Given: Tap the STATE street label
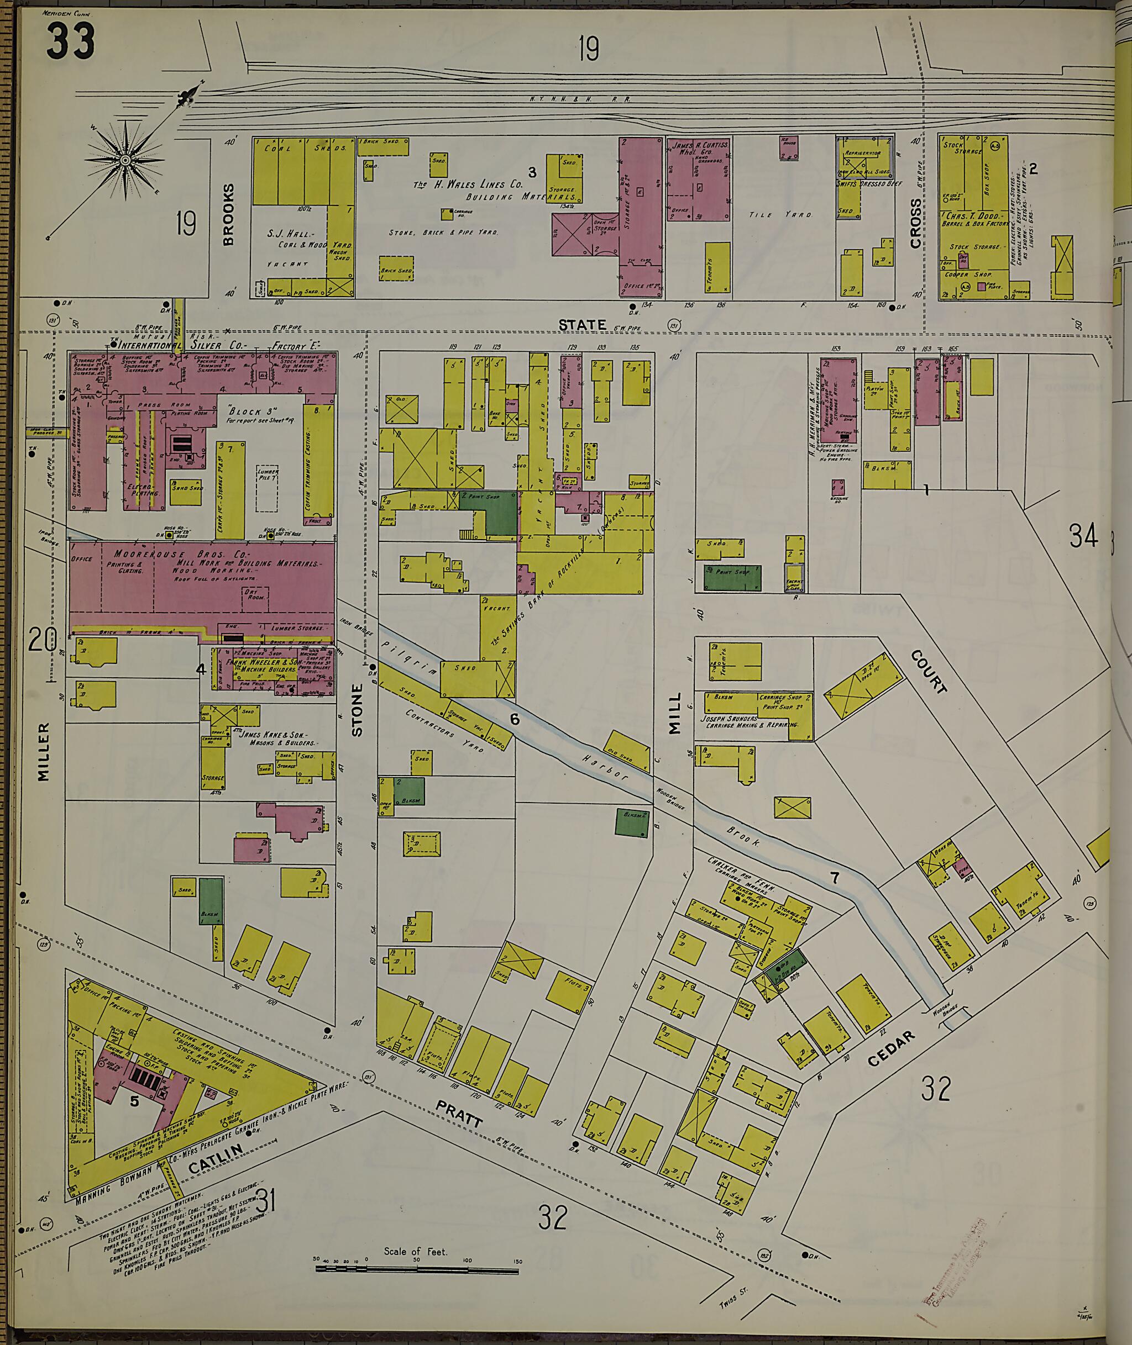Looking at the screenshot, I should [581, 325].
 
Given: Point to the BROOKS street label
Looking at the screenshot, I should [228, 214].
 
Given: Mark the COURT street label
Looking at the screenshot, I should [929, 672].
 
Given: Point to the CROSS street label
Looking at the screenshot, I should [916, 223].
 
